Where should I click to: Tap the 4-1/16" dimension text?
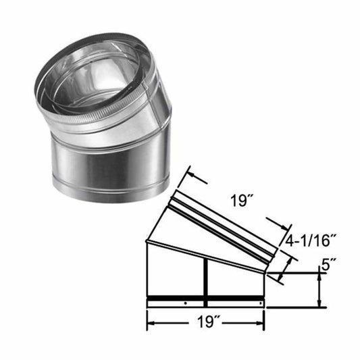[309, 238]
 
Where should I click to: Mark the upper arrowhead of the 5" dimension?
[319, 277]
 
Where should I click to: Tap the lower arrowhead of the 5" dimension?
[319, 303]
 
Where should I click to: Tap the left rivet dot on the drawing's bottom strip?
[184, 303]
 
